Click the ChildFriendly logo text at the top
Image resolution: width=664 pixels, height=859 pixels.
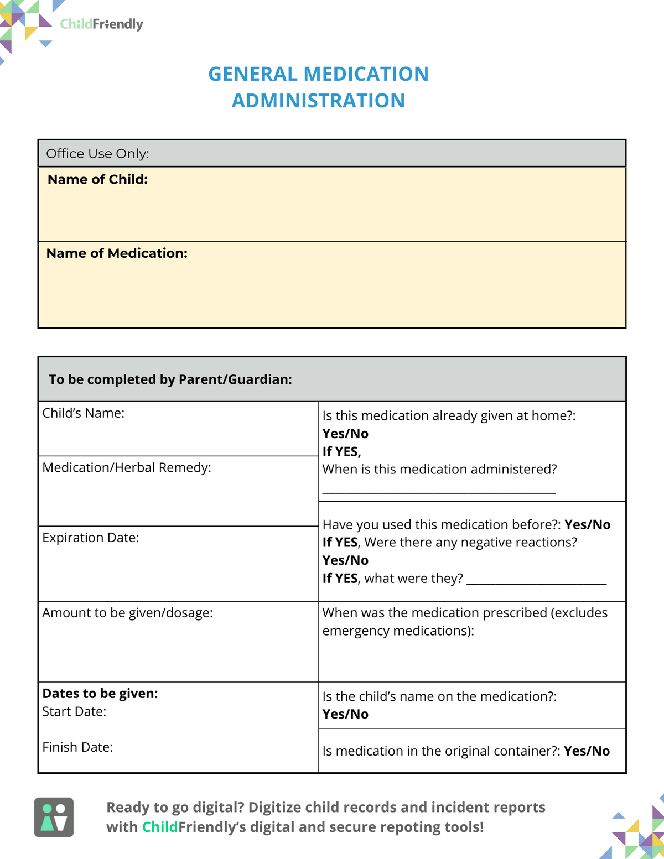(101, 24)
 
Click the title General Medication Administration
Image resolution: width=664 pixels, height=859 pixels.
(318, 87)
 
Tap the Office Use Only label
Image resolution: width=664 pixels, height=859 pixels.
(97, 154)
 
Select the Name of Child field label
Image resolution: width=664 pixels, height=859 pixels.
(97, 179)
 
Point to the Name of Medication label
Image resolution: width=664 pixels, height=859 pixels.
(117, 253)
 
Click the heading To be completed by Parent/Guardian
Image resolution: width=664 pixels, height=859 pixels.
(170, 379)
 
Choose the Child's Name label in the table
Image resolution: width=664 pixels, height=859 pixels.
(83, 413)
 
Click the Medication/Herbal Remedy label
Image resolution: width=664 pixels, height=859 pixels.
(127, 468)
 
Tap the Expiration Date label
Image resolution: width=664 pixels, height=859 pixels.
(91, 538)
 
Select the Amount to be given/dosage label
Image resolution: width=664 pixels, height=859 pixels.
(127, 613)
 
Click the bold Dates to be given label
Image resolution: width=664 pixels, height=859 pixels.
(100, 694)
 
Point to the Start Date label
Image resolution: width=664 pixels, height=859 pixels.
(74, 712)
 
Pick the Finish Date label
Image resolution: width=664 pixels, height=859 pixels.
(77, 747)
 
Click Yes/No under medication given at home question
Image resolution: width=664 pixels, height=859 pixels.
(345, 434)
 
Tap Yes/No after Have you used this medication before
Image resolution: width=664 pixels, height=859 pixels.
(587, 525)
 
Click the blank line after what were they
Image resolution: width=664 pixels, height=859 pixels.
(536, 582)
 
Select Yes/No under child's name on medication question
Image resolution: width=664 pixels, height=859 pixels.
(345, 714)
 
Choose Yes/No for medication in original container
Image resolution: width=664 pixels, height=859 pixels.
(587, 751)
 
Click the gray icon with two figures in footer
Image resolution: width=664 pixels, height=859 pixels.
(54, 817)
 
